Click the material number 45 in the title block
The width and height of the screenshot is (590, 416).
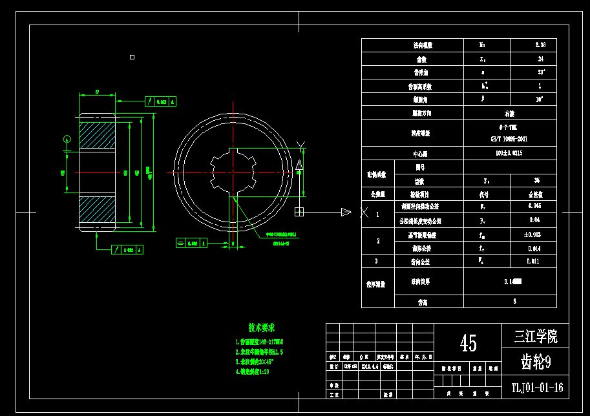click(x=468, y=343)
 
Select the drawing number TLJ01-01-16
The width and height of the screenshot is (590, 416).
click(x=536, y=388)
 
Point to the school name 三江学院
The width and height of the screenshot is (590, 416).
click(x=536, y=337)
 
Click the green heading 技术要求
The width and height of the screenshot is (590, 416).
click(x=261, y=328)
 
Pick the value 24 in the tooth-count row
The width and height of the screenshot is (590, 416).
click(x=540, y=59)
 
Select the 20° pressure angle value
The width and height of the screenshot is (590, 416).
click(x=540, y=72)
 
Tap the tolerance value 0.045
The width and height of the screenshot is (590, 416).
click(x=534, y=207)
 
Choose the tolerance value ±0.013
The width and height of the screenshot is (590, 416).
click(x=534, y=234)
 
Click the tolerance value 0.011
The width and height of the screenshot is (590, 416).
click(x=534, y=262)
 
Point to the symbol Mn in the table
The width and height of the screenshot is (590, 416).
click(x=483, y=45)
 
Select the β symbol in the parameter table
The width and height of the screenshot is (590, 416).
click(x=483, y=99)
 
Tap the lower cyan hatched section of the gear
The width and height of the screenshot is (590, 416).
click(x=96, y=210)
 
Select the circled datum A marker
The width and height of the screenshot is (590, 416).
click(x=67, y=140)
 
